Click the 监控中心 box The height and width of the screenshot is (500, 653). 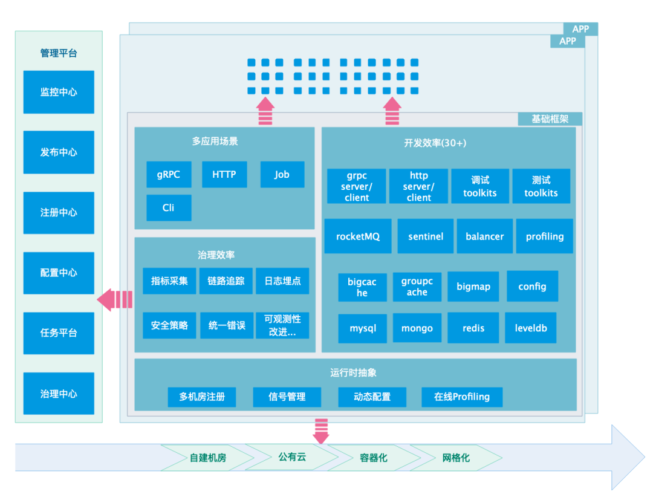(x=59, y=92)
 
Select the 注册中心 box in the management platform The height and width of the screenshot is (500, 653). (x=59, y=213)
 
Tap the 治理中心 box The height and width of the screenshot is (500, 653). (x=59, y=394)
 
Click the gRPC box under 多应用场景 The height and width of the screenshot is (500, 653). (x=169, y=174)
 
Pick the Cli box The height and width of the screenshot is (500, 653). (x=169, y=207)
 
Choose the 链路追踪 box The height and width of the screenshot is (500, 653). (x=226, y=281)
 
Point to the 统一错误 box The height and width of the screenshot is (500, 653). (x=226, y=325)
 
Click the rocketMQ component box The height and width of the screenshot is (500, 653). (x=358, y=236)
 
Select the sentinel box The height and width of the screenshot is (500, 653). (x=426, y=236)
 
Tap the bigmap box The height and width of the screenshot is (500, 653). (x=473, y=287)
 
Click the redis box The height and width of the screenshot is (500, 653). (x=473, y=328)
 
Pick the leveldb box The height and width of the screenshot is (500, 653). (x=531, y=328)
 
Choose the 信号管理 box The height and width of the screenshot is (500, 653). (x=287, y=397)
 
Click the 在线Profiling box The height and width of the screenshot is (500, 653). (x=462, y=397)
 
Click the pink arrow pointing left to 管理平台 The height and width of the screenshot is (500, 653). (x=115, y=299)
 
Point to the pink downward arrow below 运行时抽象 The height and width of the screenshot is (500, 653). (x=321, y=430)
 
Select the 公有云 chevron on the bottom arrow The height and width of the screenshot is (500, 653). (x=292, y=457)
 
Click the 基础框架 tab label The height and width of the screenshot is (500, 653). (x=550, y=119)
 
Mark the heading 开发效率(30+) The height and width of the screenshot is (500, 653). (x=435, y=143)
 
